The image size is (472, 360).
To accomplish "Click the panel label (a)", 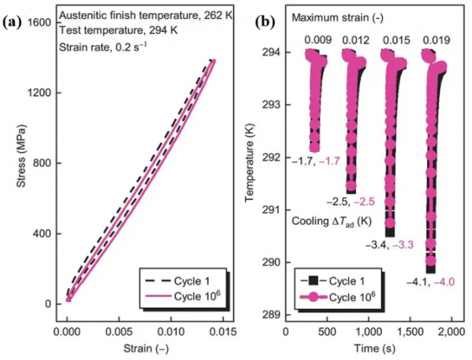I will pyautogui.click(x=17, y=22).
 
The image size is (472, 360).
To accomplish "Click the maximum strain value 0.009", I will pyautogui.click(x=317, y=40).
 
